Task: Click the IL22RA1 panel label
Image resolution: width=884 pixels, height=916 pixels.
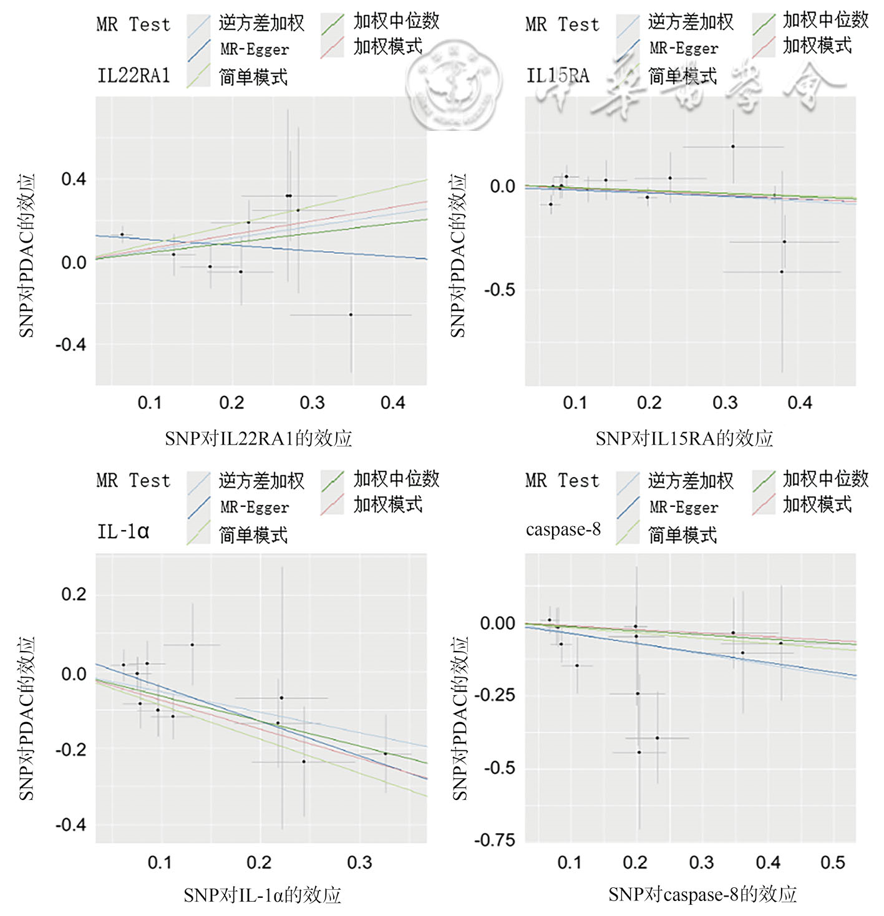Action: coord(134,75)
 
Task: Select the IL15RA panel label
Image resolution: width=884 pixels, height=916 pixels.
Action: coord(557,75)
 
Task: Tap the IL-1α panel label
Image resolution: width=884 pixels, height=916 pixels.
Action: coord(123,532)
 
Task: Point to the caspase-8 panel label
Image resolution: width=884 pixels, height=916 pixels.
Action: coord(563,529)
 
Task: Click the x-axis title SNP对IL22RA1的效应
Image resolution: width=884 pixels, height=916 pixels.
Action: coord(258,438)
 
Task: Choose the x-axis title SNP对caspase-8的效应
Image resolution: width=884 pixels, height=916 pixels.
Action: coord(702,894)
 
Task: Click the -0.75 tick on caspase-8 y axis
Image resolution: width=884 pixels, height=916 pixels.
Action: coord(495,840)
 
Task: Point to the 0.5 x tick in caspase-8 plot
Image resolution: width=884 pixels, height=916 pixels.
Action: coord(833,862)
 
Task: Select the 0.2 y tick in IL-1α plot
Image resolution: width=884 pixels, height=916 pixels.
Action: coord(74,594)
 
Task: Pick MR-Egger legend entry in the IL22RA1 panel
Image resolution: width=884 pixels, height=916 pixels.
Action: coord(254,49)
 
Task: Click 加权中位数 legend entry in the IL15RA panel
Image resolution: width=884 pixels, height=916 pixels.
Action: coord(825,21)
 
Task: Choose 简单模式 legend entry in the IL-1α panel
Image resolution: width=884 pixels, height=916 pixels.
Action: coord(253,535)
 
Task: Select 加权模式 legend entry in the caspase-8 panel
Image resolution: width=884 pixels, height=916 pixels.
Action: coord(817,504)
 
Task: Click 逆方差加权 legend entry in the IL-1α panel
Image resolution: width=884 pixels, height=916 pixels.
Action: coord(261,481)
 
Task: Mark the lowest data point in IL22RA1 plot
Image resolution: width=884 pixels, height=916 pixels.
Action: coord(351,315)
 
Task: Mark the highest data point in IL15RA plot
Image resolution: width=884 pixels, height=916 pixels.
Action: coord(733,147)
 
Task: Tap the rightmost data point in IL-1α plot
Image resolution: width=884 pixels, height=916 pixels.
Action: coord(386,753)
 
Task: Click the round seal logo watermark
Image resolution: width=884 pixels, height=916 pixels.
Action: coord(454,87)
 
